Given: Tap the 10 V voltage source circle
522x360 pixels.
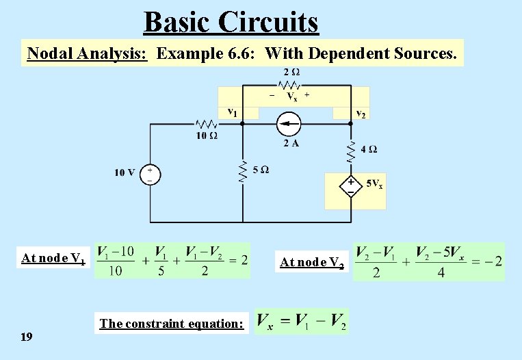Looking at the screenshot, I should point(150,174).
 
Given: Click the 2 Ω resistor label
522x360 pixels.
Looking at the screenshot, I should point(291,72).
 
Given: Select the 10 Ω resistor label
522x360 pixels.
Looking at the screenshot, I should point(206,136).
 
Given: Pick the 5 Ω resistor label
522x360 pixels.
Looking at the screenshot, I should point(260,170).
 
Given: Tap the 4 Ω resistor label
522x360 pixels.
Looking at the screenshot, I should point(368,149).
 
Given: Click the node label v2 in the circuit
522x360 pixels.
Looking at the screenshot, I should point(360,114).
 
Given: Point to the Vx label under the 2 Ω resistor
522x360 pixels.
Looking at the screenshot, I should point(291,97).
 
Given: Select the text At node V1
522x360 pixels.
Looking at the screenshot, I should point(53,259).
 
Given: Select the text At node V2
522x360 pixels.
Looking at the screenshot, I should point(312,261).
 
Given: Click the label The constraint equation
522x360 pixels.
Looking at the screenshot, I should point(171,323).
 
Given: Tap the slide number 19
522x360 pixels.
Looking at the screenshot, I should point(27,336).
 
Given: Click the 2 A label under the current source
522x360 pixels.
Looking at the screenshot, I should point(291,143).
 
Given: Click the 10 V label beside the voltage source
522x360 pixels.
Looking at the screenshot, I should point(125,172).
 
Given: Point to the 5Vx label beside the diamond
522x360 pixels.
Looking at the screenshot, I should point(374,183).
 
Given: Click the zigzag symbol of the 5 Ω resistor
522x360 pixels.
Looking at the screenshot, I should point(242,172).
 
